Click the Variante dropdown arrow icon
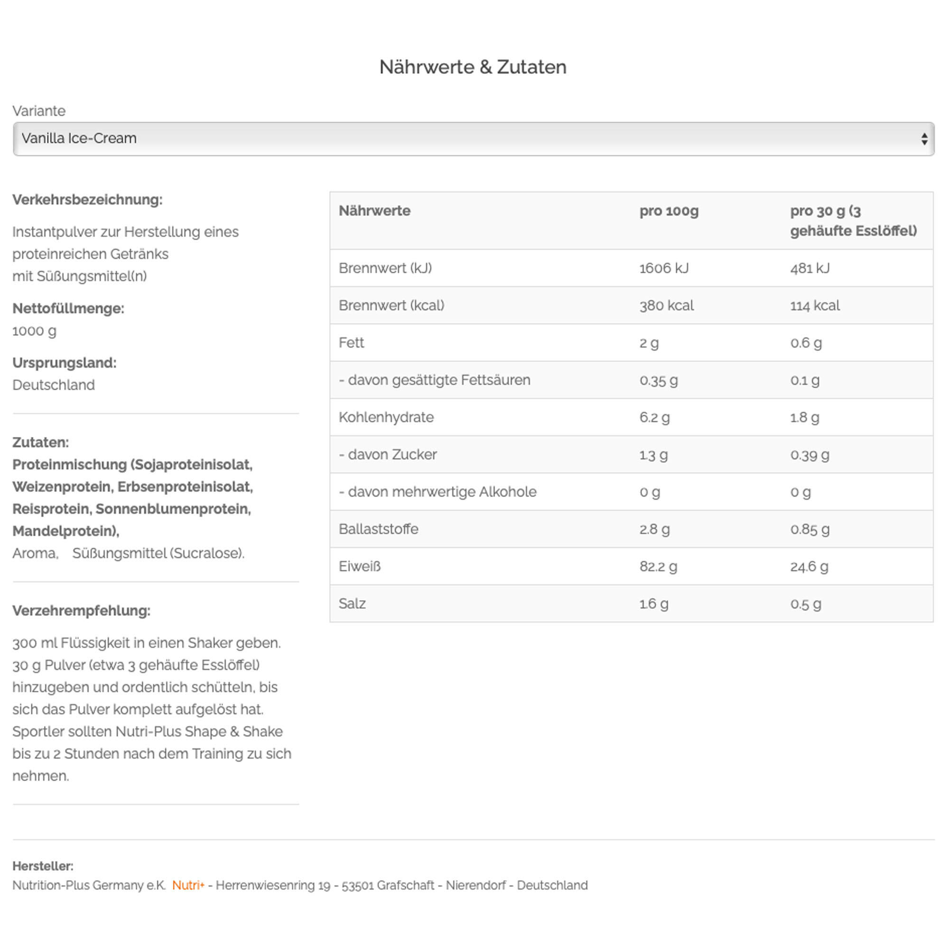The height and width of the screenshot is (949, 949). pyautogui.click(x=924, y=139)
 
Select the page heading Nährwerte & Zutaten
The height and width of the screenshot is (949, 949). pyautogui.click(x=473, y=67)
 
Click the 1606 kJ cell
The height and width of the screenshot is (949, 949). pyautogui.click(x=664, y=268)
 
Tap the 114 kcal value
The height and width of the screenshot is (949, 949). pyautogui.click(x=814, y=306)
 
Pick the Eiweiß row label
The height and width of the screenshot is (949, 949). pyautogui.click(x=360, y=567)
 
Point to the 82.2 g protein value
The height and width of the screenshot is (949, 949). pyautogui.click(x=658, y=567)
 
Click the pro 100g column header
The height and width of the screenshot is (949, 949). pyautogui.click(x=669, y=211)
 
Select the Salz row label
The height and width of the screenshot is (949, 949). pyautogui.click(x=352, y=604)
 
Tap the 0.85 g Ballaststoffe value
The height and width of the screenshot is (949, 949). pyautogui.click(x=809, y=529)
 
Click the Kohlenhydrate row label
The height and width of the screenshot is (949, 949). pyautogui.click(x=386, y=417)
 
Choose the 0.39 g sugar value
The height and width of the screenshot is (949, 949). pyautogui.click(x=809, y=455)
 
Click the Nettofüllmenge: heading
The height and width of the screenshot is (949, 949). pyautogui.click(x=68, y=308)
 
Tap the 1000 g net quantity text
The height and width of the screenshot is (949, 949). pyautogui.click(x=34, y=331)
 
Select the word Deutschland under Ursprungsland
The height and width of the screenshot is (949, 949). pyautogui.click(x=54, y=385)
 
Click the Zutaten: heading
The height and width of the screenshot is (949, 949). pyautogui.click(x=41, y=442)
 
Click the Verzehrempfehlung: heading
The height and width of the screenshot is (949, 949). pyautogui.click(x=82, y=611)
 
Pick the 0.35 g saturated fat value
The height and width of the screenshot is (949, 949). pyautogui.click(x=658, y=380)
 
